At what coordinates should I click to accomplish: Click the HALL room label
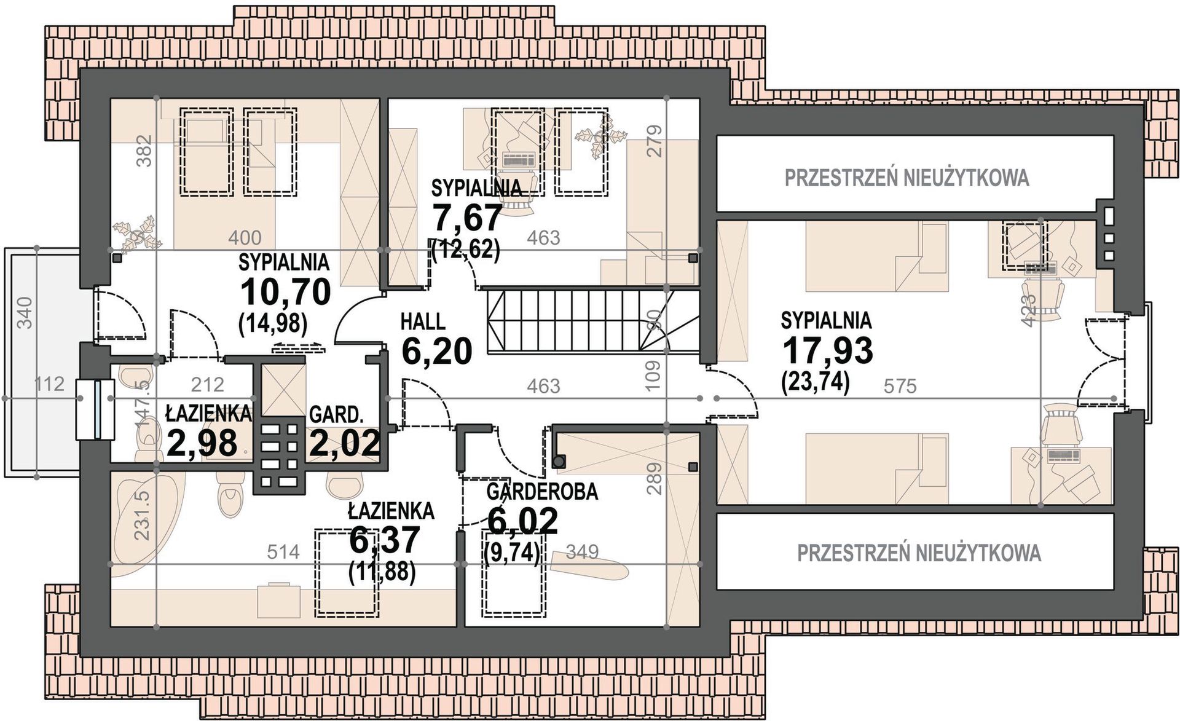[x=423, y=321]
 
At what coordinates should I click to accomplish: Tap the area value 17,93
[x=827, y=350]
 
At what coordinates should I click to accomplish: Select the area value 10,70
[x=286, y=292]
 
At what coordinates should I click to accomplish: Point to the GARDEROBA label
[x=542, y=492]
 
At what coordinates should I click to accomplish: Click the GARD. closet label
[x=336, y=415]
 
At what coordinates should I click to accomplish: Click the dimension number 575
[x=900, y=386]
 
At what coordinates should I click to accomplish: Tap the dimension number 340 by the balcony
[x=25, y=312]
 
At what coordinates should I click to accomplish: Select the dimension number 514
[x=283, y=552]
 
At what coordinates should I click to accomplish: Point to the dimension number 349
[x=582, y=551]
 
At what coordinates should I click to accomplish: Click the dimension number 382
[x=144, y=151]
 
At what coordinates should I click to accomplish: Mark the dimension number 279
[x=655, y=141]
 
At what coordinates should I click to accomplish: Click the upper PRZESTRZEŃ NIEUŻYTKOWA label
[x=907, y=178]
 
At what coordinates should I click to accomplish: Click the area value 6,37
[x=384, y=540]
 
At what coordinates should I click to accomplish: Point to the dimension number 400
[x=245, y=237]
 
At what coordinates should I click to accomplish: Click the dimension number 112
[x=49, y=384]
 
